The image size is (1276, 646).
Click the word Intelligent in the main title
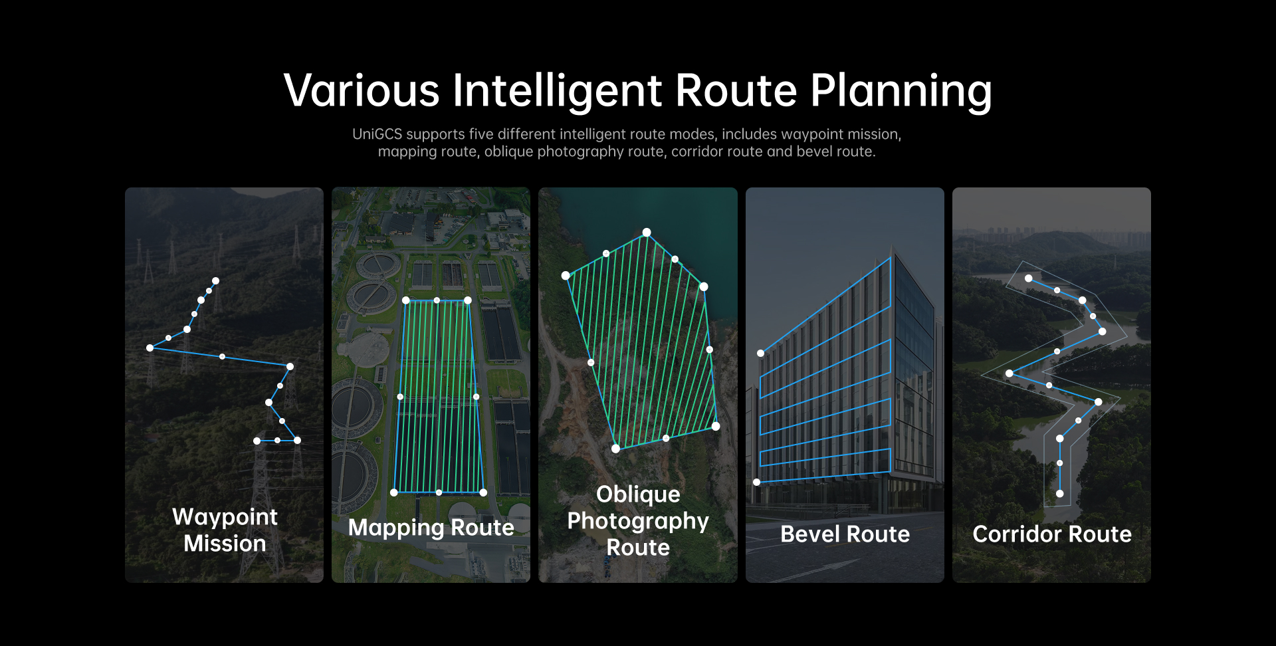tap(557, 91)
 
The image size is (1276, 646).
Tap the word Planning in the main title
tap(901, 91)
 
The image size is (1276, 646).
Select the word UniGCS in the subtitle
tap(377, 134)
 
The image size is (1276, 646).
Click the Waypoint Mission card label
tap(225, 530)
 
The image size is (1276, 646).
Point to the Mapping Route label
tap(431, 528)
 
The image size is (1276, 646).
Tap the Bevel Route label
tap(845, 534)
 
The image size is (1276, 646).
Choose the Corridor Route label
tap(1052, 534)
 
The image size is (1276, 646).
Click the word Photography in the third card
tap(638, 522)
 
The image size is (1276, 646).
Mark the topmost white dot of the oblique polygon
tap(646, 232)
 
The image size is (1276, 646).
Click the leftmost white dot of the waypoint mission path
tap(150, 348)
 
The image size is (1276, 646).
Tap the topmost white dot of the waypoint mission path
tap(215, 280)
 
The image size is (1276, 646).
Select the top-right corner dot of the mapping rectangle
tap(468, 300)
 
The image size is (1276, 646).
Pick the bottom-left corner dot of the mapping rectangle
tap(394, 492)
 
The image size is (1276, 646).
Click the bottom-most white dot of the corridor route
tap(1059, 493)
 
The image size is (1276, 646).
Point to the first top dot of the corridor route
tap(1028, 278)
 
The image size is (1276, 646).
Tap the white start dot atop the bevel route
tap(760, 353)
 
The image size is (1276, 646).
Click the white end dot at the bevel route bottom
tap(756, 482)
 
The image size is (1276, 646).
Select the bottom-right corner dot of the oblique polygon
tap(716, 426)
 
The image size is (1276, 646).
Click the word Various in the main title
tap(362, 91)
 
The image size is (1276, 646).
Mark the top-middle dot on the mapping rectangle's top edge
tap(437, 300)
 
